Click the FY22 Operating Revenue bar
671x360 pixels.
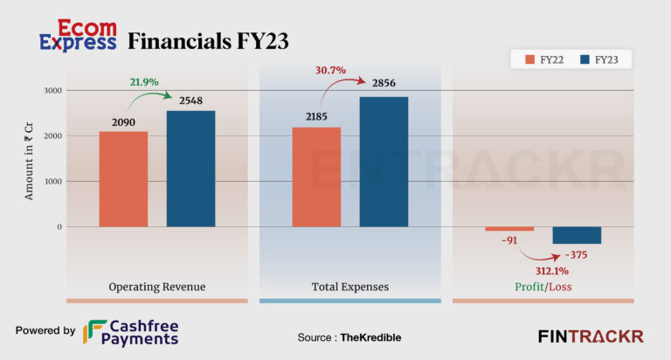[x=123, y=179]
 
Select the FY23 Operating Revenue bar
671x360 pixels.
[x=190, y=169]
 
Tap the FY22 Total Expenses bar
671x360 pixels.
[x=316, y=177]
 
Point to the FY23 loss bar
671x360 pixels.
[x=577, y=235]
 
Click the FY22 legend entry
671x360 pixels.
[x=547, y=59]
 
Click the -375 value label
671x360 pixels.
[x=576, y=254]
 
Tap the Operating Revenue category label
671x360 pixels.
[x=157, y=287]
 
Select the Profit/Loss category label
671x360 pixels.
[x=543, y=287]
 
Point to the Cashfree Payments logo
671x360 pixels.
[x=131, y=332]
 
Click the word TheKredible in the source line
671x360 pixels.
[x=370, y=337]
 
